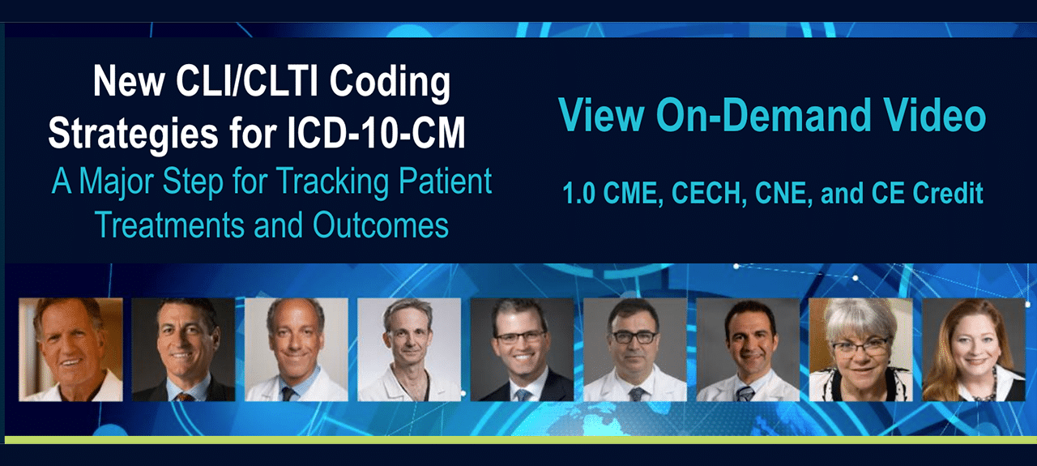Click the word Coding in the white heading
tap(390, 83)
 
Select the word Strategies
tap(134, 135)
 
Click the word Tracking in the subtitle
tap(333, 182)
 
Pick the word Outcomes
tap(381, 225)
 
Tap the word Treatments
tap(169, 225)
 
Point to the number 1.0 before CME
tap(578, 193)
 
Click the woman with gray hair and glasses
tap(860, 350)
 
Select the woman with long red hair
tap(974, 350)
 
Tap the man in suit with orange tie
tap(183, 350)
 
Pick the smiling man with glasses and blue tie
tap(523, 350)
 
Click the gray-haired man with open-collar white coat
tap(409, 350)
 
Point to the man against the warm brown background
tap(70, 350)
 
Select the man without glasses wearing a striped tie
tap(748, 350)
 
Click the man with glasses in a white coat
tap(635, 350)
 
